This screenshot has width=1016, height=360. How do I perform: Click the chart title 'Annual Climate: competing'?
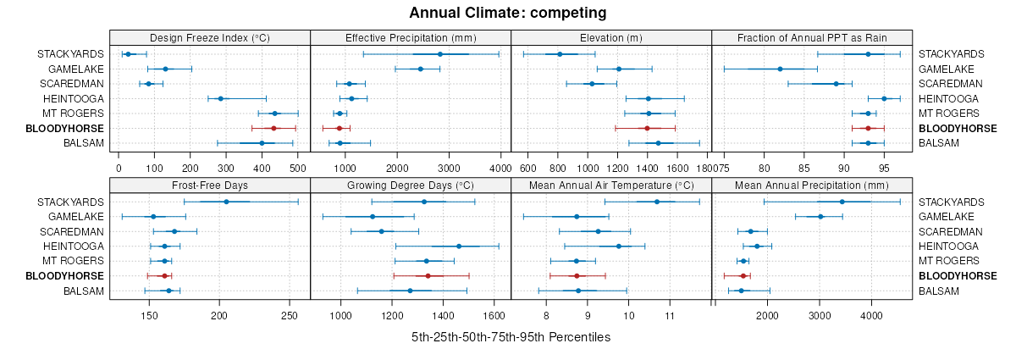(x=508, y=13)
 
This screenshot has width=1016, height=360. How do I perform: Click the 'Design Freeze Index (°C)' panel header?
(x=210, y=37)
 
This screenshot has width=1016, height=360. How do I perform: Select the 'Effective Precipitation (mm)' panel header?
(x=411, y=37)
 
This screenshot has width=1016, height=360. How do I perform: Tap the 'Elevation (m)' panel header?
(x=611, y=37)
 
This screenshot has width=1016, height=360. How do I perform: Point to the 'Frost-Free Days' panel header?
(x=210, y=186)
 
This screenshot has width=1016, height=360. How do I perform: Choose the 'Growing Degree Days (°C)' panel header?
(x=411, y=186)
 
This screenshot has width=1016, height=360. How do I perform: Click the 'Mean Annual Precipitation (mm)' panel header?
(x=812, y=186)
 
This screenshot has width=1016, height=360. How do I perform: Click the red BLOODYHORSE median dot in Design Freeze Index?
(x=273, y=128)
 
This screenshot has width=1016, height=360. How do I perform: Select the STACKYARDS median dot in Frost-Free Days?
(x=226, y=202)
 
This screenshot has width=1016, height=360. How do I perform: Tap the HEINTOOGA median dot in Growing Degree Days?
(x=459, y=246)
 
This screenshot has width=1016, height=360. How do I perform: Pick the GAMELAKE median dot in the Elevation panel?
(x=618, y=69)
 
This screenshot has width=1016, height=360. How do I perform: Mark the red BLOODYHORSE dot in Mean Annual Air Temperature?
(x=577, y=276)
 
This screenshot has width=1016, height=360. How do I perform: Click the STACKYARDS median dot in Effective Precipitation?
(x=440, y=54)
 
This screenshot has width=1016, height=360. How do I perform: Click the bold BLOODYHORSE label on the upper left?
(x=64, y=129)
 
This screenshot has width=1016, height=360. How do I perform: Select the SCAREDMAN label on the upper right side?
(x=951, y=84)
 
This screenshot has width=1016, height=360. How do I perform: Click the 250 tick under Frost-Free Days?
(x=290, y=315)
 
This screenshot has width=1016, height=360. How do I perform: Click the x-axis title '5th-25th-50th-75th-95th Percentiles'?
(x=511, y=337)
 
